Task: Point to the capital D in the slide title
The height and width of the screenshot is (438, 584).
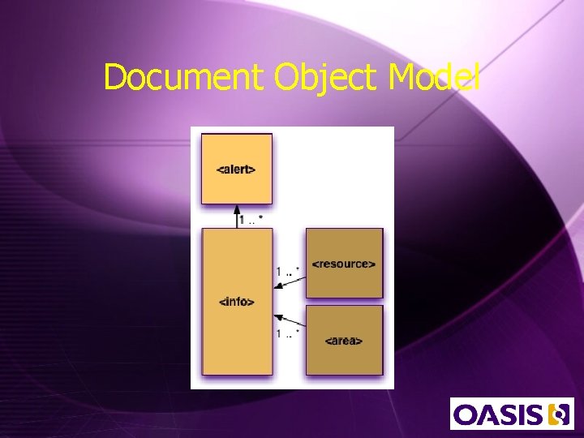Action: (114, 78)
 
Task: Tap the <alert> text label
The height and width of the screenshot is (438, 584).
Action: (236, 170)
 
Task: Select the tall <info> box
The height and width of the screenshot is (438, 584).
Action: (237, 324)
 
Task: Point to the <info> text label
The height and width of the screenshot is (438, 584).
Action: (237, 302)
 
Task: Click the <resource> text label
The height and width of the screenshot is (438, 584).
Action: (343, 264)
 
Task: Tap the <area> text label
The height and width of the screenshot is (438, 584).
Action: (343, 341)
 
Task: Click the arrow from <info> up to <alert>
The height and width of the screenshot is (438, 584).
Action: (237, 217)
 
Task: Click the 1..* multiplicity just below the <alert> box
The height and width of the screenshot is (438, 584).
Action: (251, 220)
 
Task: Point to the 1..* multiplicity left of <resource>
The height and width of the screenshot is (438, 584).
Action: (288, 271)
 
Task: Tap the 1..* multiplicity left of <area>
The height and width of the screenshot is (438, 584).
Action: (288, 333)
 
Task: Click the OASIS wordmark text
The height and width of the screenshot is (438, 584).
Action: (498, 415)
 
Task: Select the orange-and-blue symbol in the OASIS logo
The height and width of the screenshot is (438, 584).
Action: (559, 414)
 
